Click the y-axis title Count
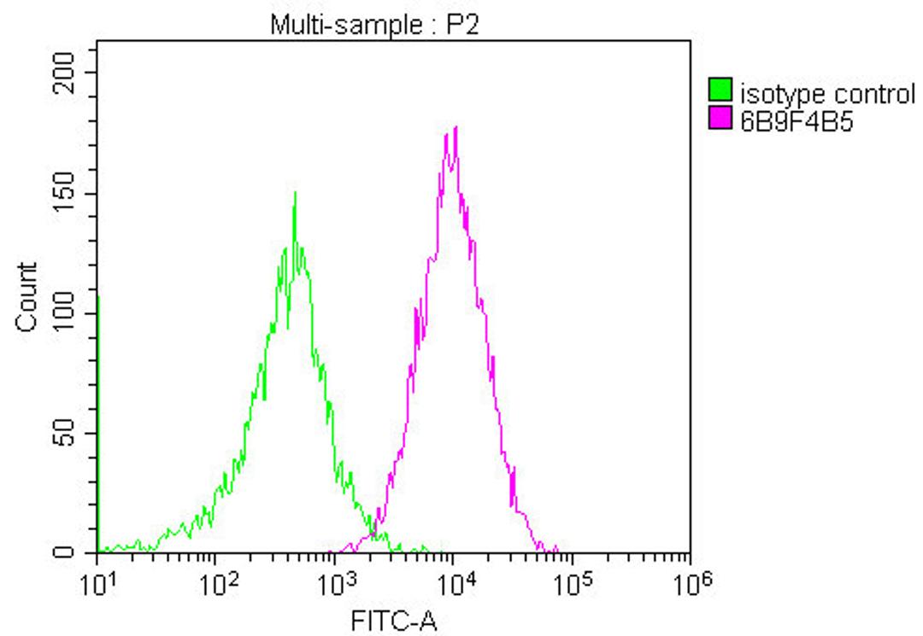(x=26, y=296)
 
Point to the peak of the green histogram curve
(x=295, y=193)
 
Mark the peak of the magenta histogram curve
(x=456, y=127)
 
